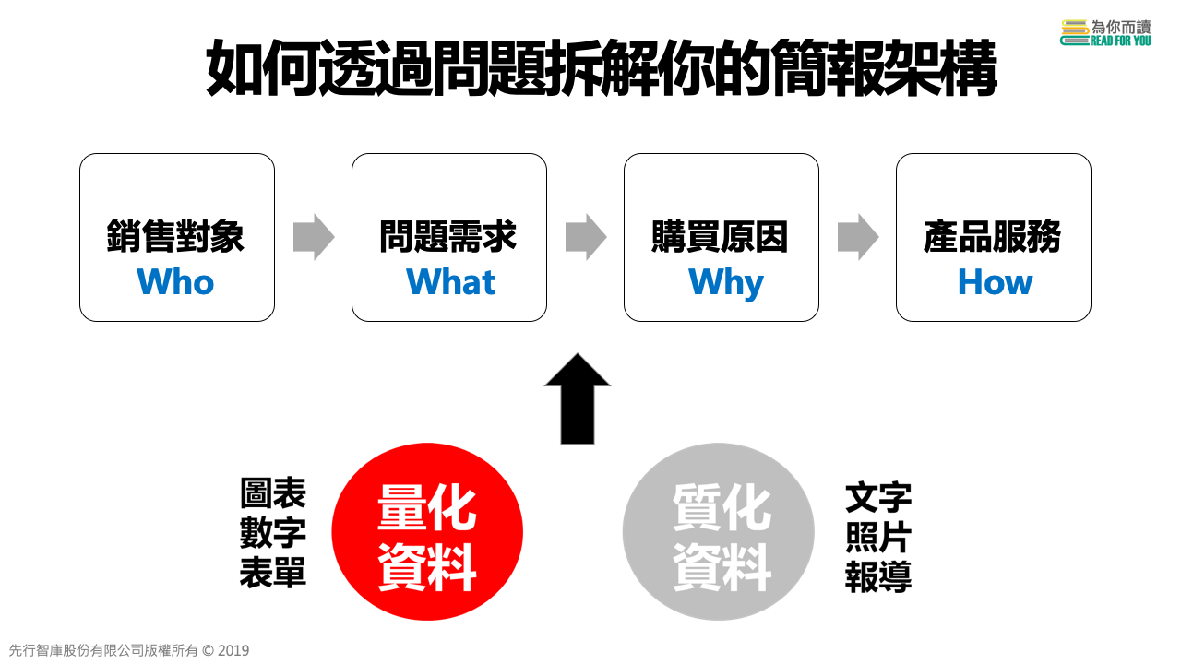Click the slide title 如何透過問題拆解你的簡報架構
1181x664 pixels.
(x=601, y=69)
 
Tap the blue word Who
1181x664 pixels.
(x=175, y=282)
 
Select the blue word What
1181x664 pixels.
(x=450, y=282)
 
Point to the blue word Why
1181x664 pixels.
(x=725, y=283)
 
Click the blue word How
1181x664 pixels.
(x=995, y=282)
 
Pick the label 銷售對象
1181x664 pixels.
(x=175, y=237)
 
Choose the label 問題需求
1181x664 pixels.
(x=448, y=237)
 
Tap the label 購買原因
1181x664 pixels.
(x=721, y=237)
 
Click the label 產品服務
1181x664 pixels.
(x=993, y=237)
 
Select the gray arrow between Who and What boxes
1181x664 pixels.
(x=314, y=237)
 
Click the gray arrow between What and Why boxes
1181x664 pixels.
(x=586, y=237)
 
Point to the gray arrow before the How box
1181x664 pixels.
(x=858, y=237)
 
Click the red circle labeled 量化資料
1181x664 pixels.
(x=427, y=532)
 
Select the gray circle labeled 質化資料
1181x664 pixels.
(x=719, y=532)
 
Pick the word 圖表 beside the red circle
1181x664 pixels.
(x=273, y=493)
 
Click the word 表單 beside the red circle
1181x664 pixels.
(x=273, y=573)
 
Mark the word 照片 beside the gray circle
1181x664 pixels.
(x=878, y=538)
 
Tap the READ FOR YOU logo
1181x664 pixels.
(x=1106, y=32)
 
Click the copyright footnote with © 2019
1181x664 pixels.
(x=129, y=650)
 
